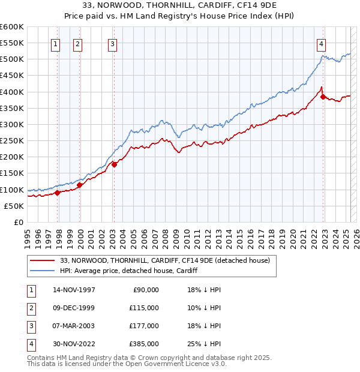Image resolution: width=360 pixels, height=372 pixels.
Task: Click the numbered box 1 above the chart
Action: [x=55, y=43]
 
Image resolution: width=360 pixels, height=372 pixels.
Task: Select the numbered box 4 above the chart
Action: [x=322, y=43]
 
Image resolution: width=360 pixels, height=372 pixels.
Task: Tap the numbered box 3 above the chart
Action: [x=113, y=43]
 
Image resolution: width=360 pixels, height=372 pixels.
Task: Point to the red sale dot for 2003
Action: [x=114, y=164]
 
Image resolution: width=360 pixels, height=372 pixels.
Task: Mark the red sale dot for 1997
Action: [x=58, y=193]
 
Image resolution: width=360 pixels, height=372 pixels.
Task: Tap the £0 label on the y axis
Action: [x=18, y=223]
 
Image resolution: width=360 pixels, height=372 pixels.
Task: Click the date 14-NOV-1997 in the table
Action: [x=74, y=290]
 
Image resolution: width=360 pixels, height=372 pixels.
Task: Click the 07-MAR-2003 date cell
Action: [x=74, y=326]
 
